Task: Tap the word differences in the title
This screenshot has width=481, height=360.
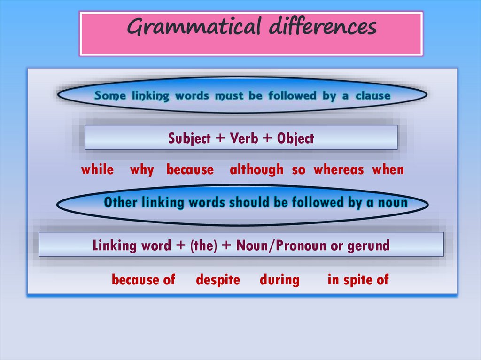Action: [323, 27]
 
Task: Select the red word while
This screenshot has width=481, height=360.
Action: [97, 169]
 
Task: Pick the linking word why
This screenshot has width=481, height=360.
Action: [142, 170]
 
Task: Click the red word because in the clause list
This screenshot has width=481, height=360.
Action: [190, 169]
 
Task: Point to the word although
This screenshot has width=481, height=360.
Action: [256, 169]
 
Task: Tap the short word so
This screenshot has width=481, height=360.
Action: [298, 170]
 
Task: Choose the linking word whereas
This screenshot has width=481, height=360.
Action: [339, 169]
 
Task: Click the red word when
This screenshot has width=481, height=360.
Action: [388, 169]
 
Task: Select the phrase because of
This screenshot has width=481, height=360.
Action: [143, 280]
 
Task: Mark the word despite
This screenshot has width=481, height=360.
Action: [218, 280]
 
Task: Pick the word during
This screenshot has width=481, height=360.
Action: [279, 280]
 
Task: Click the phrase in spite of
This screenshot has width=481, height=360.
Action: [358, 280]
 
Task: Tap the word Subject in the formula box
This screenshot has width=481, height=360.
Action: [189, 139]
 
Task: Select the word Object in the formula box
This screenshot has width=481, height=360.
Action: [295, 139]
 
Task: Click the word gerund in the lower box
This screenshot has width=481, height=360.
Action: [369, 245]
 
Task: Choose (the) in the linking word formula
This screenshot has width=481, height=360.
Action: [203, 245]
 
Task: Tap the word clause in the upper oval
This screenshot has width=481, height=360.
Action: [373, 96]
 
